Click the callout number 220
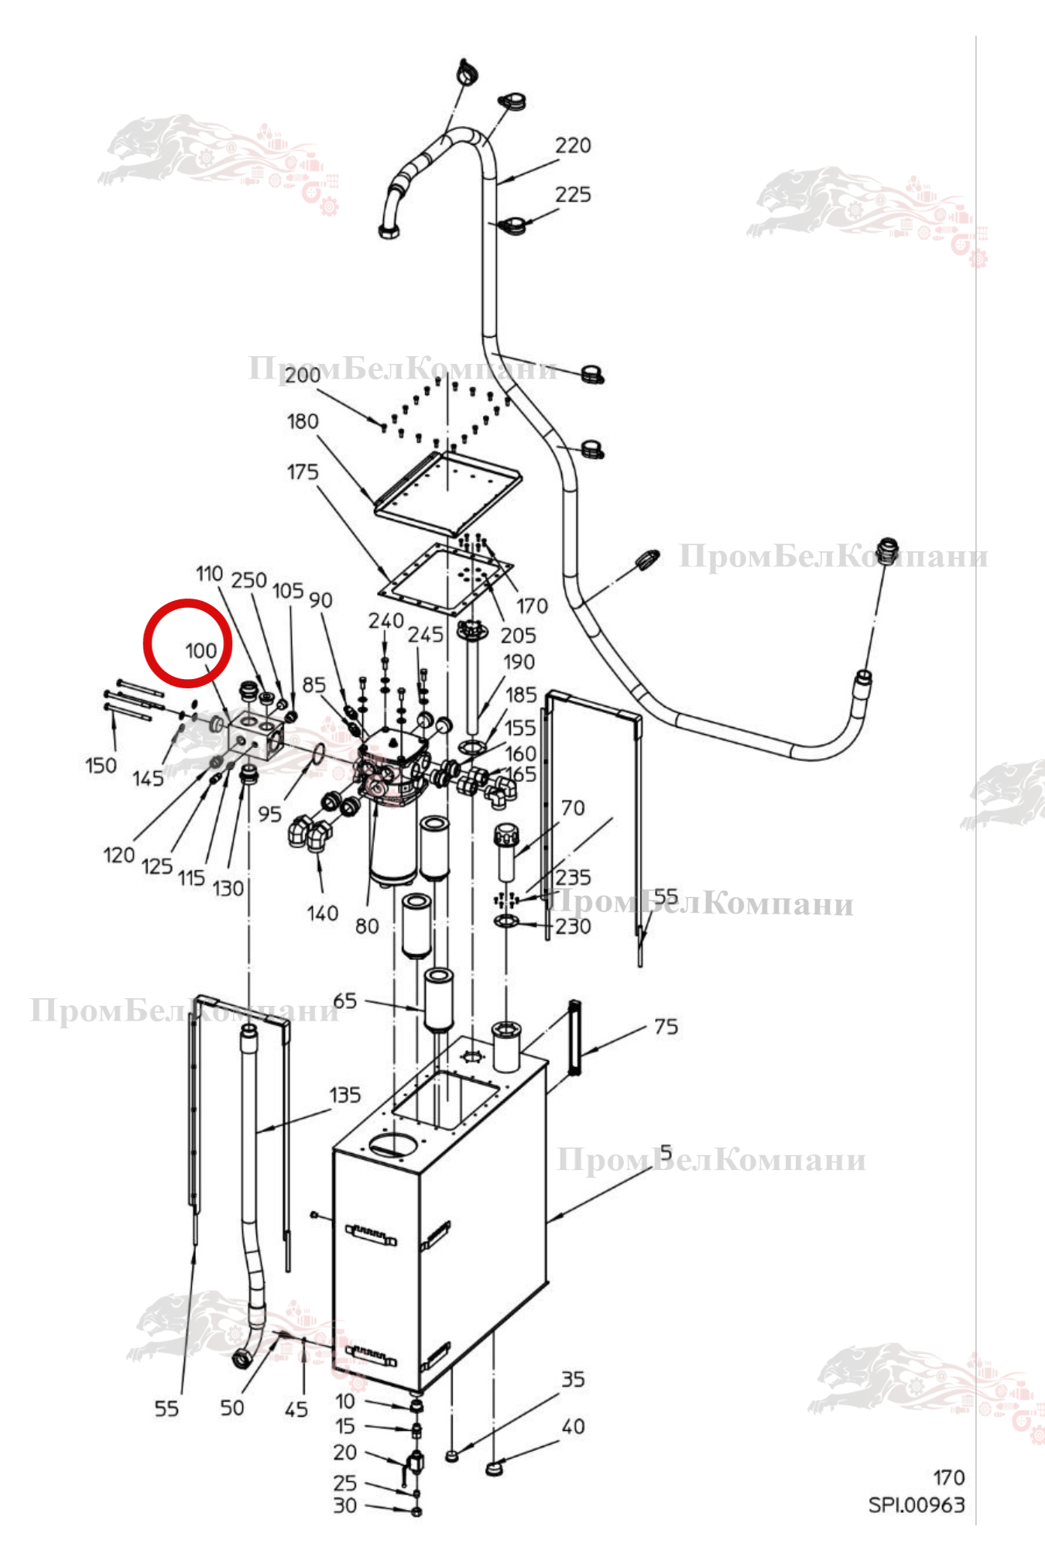click(x=573, y=146)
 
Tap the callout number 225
click(x=573, y=194)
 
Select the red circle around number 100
click(x=188, y=643)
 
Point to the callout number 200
click(x=302, y=376)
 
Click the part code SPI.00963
click(x=917, y=1505)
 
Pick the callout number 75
click(x=666, y=1027)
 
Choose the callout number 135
click(x=344, y=1095)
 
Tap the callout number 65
click(x=345, y=1001)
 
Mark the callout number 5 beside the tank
click(x=666, y=1153)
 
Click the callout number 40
click(x=573, y=1426)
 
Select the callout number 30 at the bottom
click(x=345, y=1505)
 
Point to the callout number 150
click(x=101, y=766)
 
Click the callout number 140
click(x=322, y=914)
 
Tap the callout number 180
click(x=303, y=421)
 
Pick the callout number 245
click(x=426, y=635)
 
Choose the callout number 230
click(x=573, y=926)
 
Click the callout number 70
click(x=573, y=808)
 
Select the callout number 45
click(x=296, y=1409)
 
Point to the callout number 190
click(x=519, y=662)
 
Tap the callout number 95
click(x=269, y=815)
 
